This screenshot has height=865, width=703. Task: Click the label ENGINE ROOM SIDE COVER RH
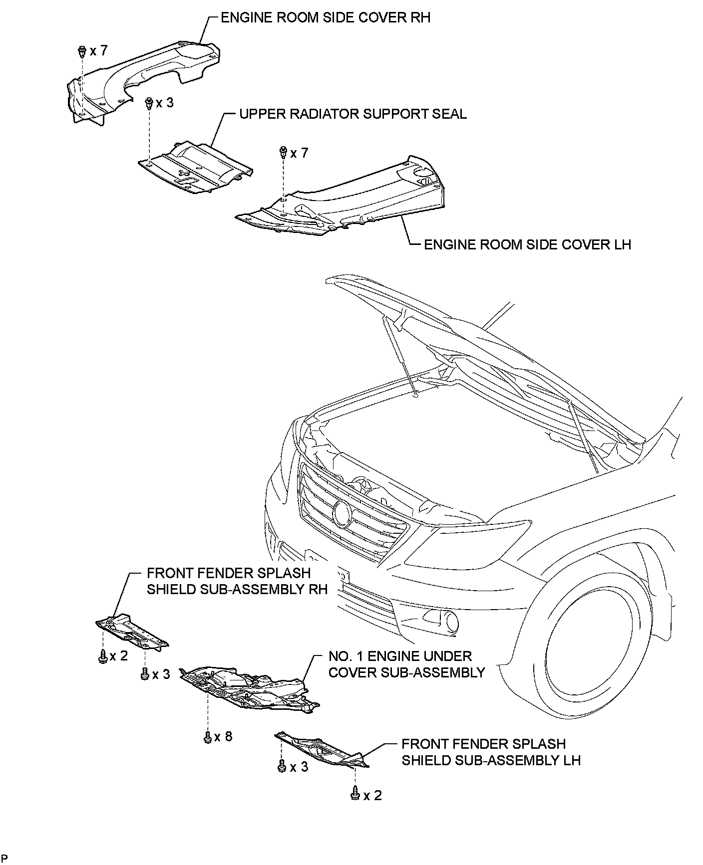tap(325, 18)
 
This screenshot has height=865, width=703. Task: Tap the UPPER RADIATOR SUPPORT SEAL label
tap(352, 114)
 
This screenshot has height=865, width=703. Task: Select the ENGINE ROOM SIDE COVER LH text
tap(527, 244)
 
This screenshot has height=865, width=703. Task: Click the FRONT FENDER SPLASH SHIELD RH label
tap(237, 581)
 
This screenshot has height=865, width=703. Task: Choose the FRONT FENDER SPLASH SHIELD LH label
tap(491, 752)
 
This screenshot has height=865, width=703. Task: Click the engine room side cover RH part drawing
tap(140, 80)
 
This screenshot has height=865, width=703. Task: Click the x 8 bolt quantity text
tap(223, 736)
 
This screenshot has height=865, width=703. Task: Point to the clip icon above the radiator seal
tap(148, 103)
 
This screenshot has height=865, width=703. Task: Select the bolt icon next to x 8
tap(207, 737)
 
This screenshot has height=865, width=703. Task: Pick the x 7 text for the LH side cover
tap(299, 153)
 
